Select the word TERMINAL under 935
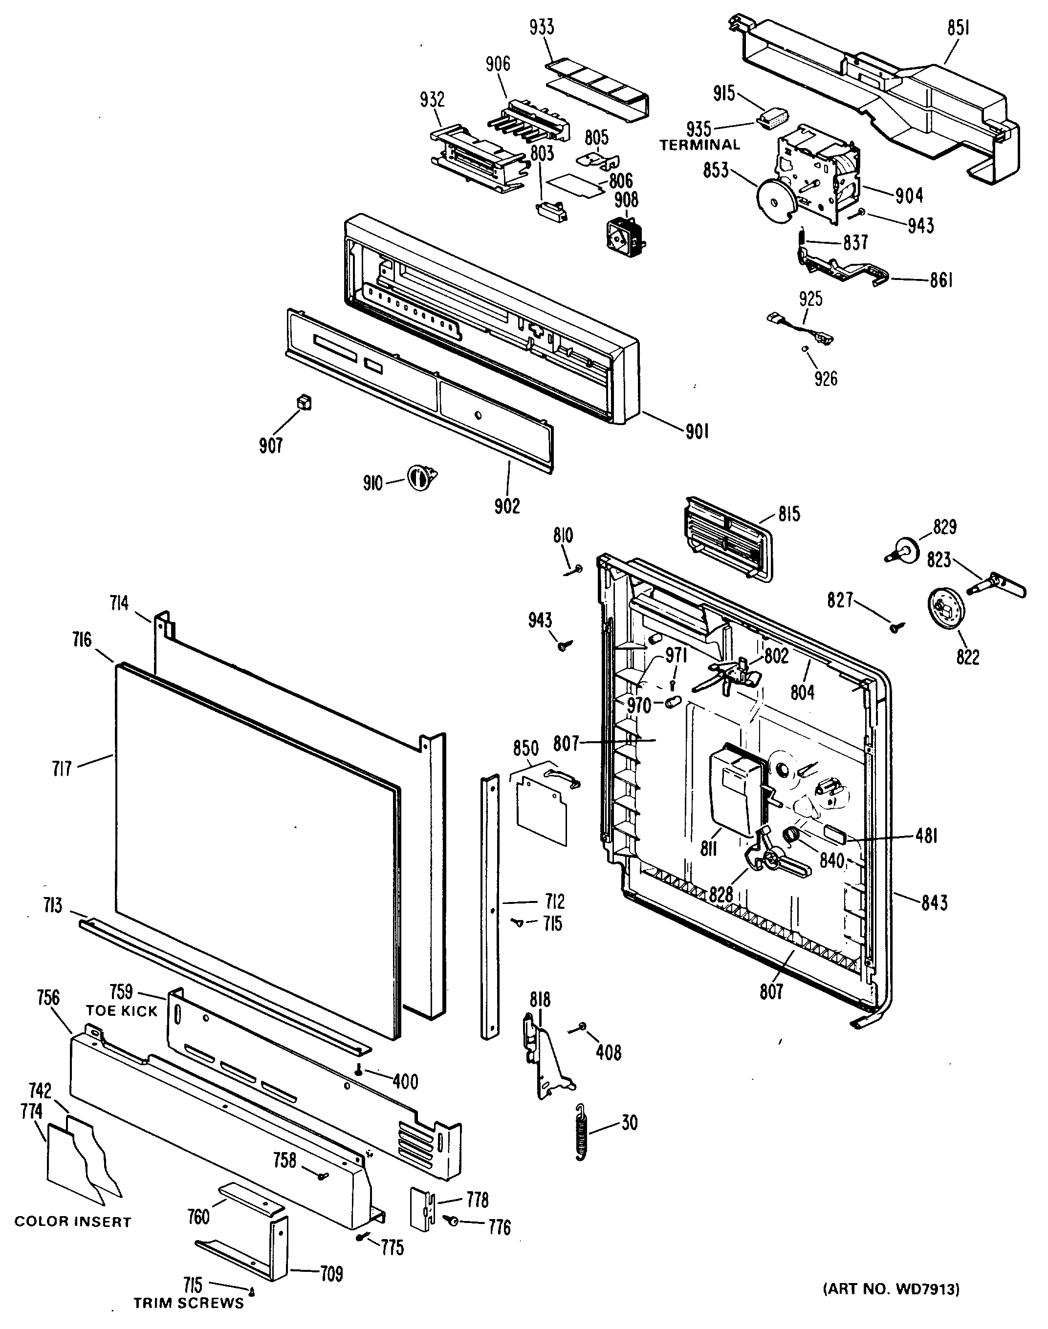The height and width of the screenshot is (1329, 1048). click(699, 145)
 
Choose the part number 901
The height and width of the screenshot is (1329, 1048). click(697, 432)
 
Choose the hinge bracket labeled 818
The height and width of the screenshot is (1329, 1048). click(546, 1057)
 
